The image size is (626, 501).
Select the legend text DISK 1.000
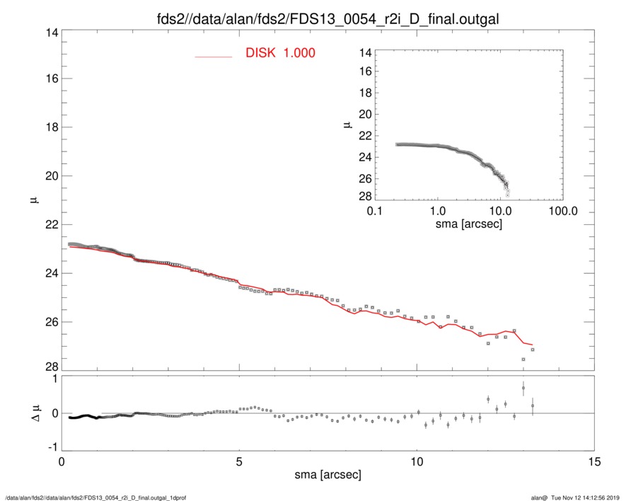coord(280,54)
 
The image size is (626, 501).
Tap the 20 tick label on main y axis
coord(47,176)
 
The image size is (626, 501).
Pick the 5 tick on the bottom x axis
coord(239,462)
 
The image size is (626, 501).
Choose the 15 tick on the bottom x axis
coord(595,462)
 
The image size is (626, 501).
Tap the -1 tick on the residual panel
coord(50,448)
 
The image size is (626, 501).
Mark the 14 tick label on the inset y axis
coord(365,52)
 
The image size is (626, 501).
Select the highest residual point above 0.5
coord(523,388)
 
